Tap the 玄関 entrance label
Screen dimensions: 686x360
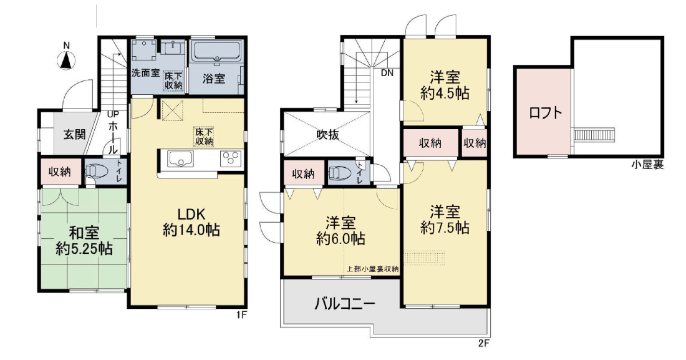click(74, 134)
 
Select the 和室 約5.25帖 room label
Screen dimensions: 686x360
click(84, 240)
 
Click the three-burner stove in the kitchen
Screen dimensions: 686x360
click(231, 158)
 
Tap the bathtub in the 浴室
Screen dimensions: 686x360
click(216, 52)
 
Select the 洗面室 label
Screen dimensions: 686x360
click(146, 73)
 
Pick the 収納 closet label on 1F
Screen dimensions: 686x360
click(59, 172)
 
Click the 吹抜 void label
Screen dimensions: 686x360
click(327, 134)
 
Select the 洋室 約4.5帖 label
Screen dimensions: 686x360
click(445, 86)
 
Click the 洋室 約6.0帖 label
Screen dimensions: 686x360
click(341, 231)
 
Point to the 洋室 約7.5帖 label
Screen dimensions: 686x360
click(445, 220)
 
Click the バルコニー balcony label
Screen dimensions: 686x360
click(345, 303)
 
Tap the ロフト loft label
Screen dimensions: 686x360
click(545, 113)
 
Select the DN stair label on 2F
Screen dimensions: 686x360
click(387, 73)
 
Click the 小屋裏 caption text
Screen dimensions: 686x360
click(647, 165)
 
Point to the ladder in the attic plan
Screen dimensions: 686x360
click(595, 134)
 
